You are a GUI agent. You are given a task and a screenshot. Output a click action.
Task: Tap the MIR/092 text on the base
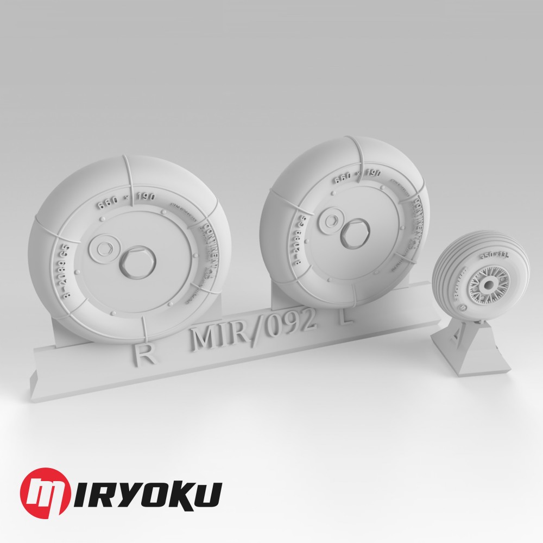[x=254, y=333]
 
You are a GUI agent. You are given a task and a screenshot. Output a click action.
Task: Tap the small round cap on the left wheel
[x=102, y=247]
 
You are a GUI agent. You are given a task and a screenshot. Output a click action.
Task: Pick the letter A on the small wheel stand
[x=453, y=342]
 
